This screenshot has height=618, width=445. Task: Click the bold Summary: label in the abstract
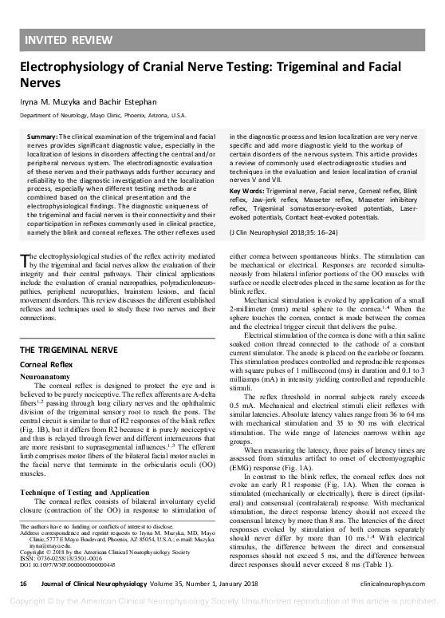42,137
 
